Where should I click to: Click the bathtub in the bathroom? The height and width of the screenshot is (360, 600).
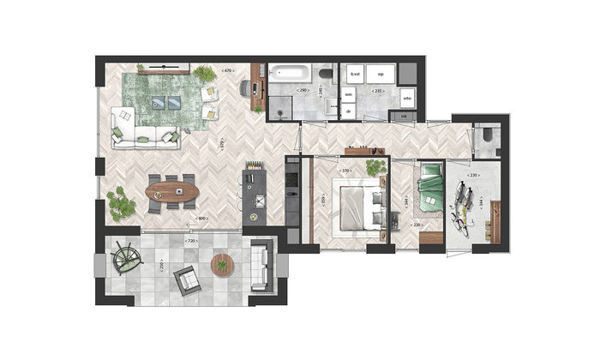click(x=291, y=74)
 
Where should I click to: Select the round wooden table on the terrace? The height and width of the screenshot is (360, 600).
click(x=223, y=265)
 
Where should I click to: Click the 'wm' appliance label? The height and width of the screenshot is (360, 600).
click(x=350, y=95)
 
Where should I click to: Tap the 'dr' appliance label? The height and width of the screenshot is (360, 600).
click(x=350, y=111)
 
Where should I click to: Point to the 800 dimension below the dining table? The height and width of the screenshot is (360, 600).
click(x=202, y=219)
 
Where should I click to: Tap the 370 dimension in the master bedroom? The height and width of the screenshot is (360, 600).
click(x=346, y=171)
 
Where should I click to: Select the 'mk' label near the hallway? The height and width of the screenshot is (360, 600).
click(x=404, y=115)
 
